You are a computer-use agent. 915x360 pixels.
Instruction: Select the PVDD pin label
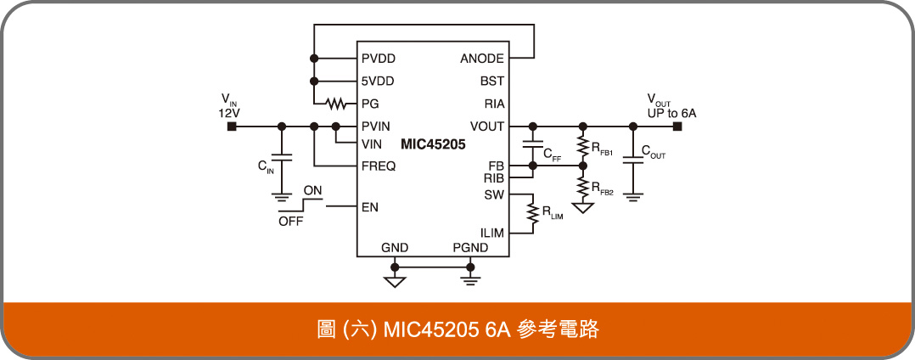pyautogui.click(x=378, y=59)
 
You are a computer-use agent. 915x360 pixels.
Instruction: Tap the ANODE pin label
pyautogui.click(x=481, y=59)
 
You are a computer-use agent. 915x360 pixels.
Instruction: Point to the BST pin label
pyautogui.click(x=492, y=82)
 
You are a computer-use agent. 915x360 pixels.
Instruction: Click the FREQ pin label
pyautogui.click(x=379, y=166)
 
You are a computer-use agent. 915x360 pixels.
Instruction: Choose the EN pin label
pyautogui.click(x=369, y=207)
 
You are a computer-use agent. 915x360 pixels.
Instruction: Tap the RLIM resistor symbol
pyautogui.click(x=533, y=214)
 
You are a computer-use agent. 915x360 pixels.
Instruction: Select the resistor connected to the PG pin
pyautogui.click(x=337, y=104)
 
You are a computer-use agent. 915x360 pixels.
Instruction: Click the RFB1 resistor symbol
pyautogui.click(x=582, y=145)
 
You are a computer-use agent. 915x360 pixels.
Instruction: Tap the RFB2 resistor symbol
pyautogui.click(x=582, y=185)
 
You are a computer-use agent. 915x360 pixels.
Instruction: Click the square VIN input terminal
pyautogui.click(x=230, y=127)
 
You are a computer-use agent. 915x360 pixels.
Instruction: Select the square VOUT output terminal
pyautogui.click(x=677, y=127)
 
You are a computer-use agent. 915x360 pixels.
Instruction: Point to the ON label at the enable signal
pyautogui.click(x=312, y=191)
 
